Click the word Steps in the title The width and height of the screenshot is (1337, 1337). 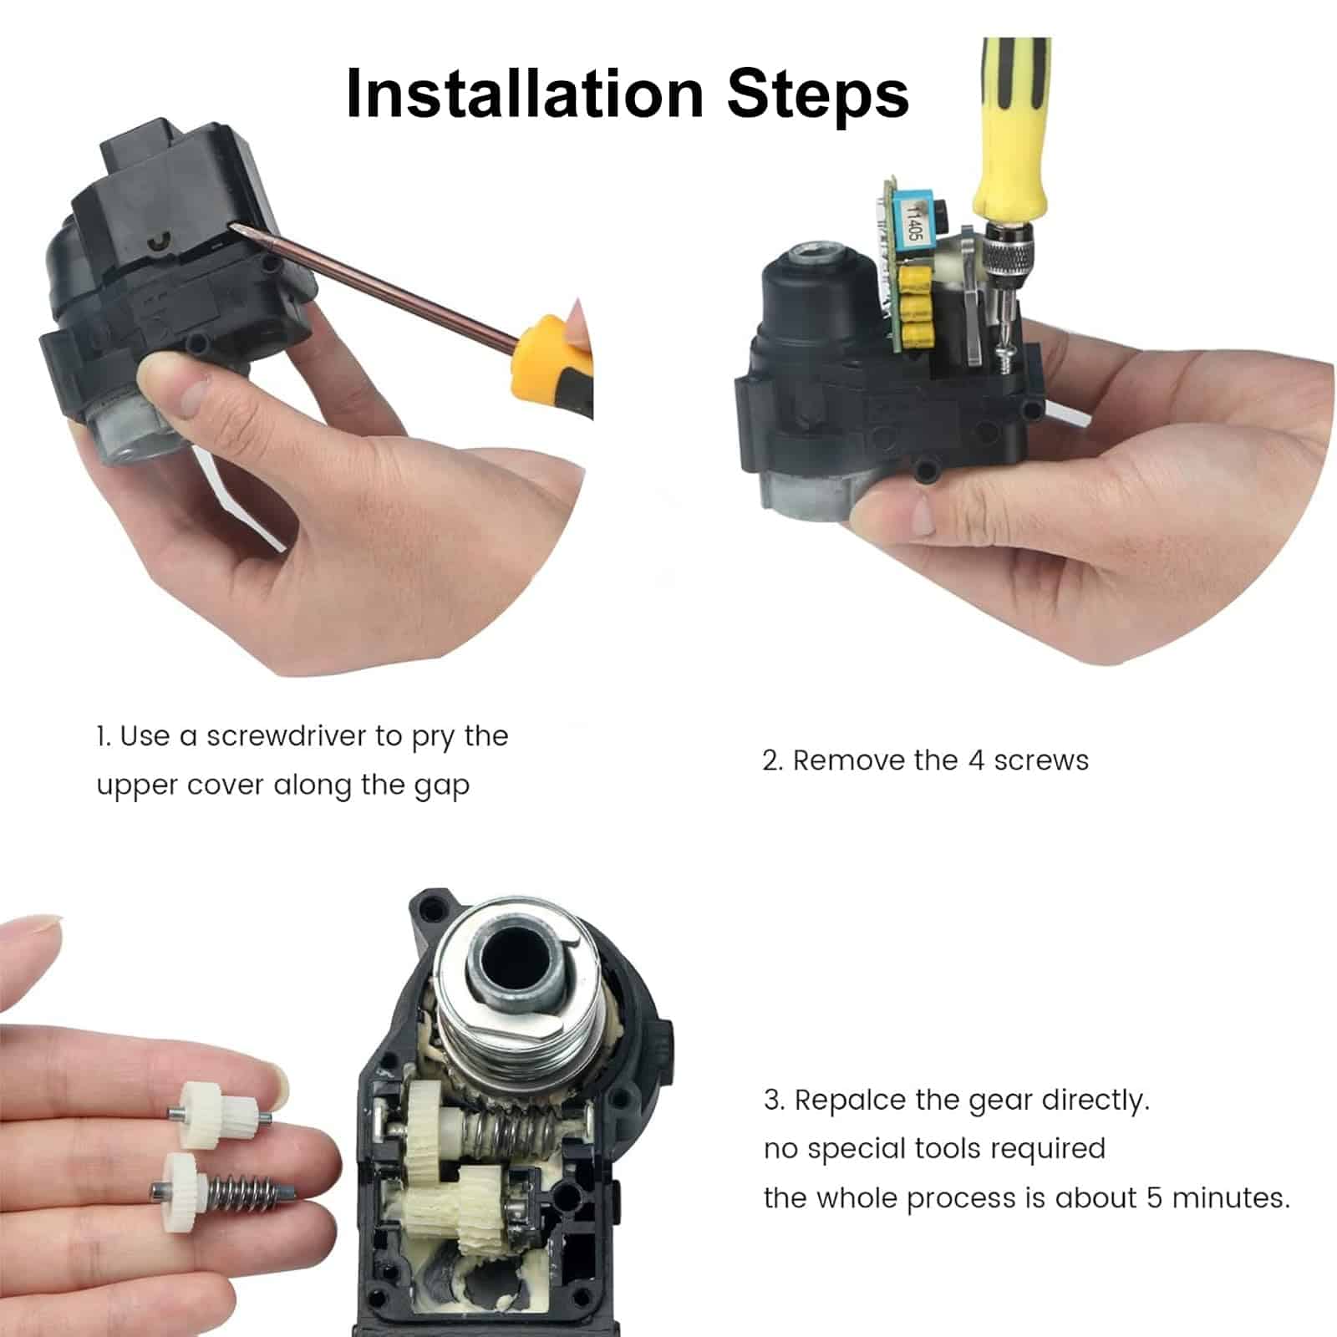(x=818, y=94)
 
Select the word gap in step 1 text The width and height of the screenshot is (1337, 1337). (x=441, y=787)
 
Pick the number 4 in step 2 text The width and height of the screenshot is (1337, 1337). (x=975, y=760)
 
